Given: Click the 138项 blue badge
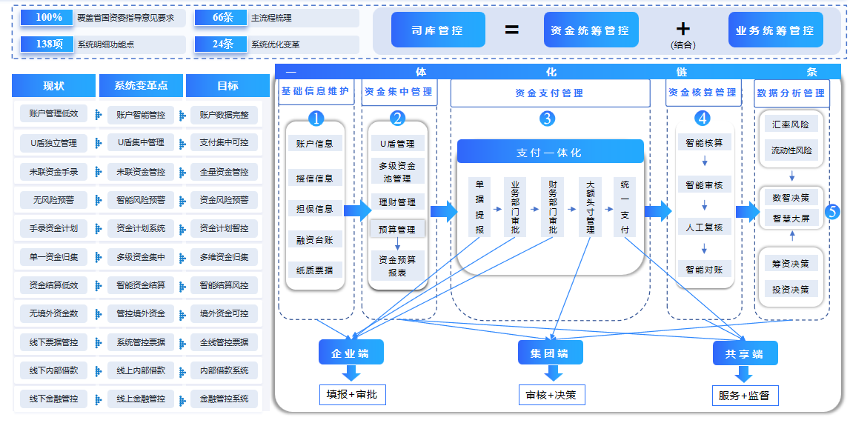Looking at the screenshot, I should pos(50,44).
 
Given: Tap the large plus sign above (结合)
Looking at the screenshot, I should pos(683,28).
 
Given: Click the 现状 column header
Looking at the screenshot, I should pos(53,86).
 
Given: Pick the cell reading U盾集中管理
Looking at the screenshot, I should pos(141,142).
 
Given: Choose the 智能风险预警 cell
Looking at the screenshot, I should pos(141,199).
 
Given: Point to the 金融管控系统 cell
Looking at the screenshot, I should pos(225,399).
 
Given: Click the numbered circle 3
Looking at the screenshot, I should pos(547,118).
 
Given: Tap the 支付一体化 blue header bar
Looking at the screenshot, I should pos(549,152).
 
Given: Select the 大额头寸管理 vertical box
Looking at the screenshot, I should pos(590,207).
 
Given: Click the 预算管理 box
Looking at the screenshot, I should pos(396,230).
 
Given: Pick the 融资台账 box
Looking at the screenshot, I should pos(314,239).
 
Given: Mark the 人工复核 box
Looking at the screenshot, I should pos(704,227).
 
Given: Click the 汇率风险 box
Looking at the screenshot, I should pos(791,124).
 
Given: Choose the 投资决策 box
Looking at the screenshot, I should pos(791,288).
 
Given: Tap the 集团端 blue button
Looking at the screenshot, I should pos(550,353).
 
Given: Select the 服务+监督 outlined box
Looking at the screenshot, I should pos(745,396).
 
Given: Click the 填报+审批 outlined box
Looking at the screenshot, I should pos(352,394).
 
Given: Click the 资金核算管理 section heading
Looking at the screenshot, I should pos(703,93).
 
